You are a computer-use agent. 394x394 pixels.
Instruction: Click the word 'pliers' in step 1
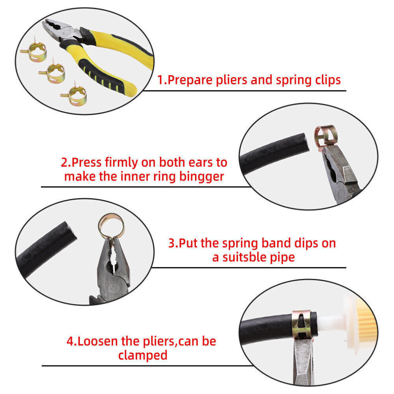231,80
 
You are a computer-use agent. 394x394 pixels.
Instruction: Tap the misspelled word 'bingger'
201,177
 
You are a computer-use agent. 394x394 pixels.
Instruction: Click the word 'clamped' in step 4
143,355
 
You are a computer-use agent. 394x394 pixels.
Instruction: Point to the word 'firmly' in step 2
122,163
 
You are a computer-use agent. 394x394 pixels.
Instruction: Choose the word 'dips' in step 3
306,244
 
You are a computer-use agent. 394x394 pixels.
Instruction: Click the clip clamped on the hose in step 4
302,324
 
